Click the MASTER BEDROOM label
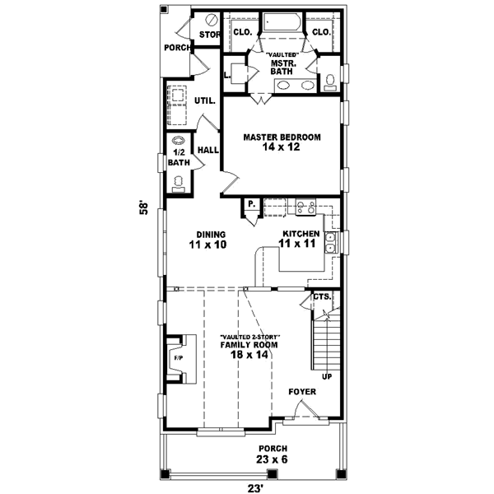click(281, 137)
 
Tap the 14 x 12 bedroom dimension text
click(281, 148)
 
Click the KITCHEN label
click(298, 234)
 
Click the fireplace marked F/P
click(177, 358)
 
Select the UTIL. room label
click(204, 101)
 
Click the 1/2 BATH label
click(179, 157)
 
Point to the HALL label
click(207, 150)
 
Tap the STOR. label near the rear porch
click(210, 35)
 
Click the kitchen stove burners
click(305, 207)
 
